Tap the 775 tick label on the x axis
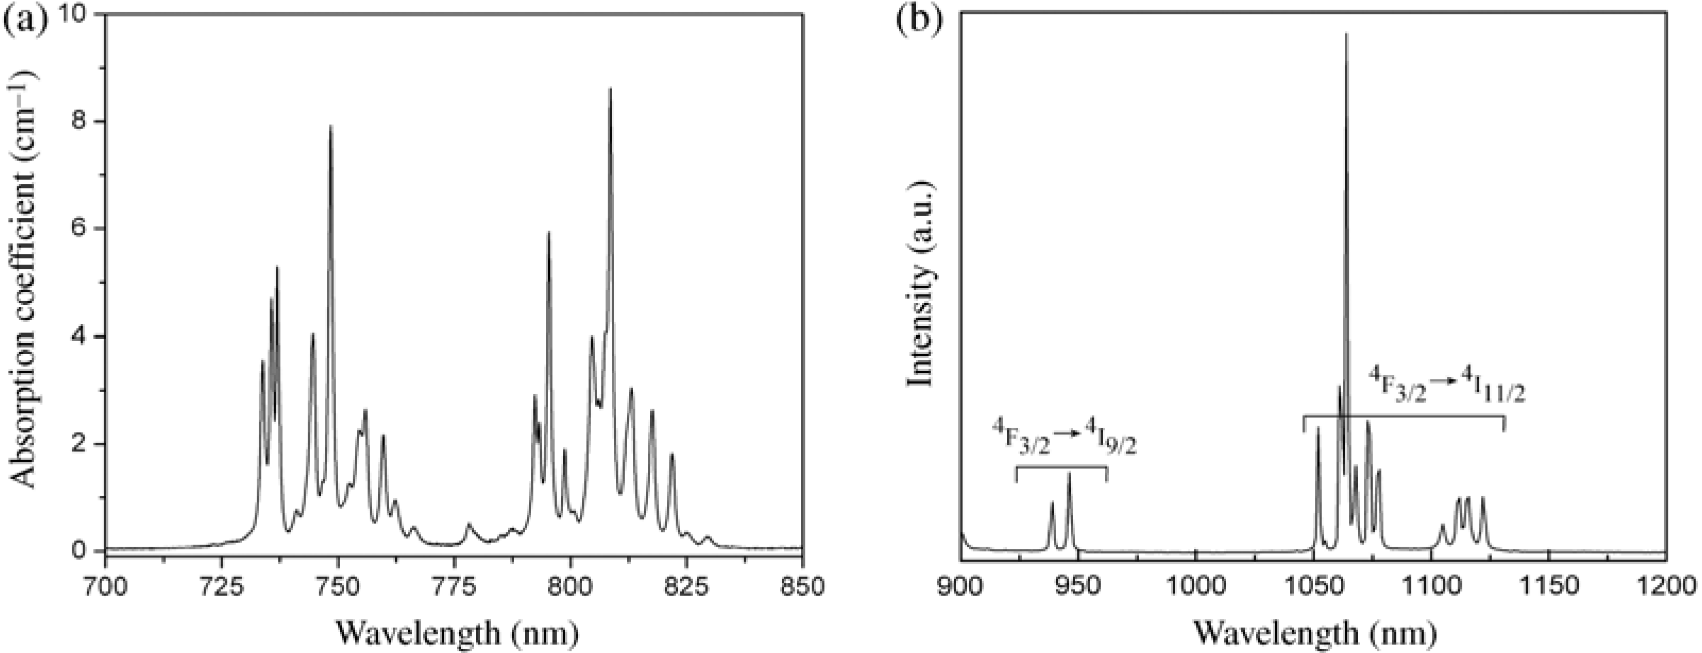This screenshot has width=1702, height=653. pos(454,586)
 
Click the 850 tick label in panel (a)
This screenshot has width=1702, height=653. pos(802,586)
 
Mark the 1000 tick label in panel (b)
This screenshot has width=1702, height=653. pos(1196,586)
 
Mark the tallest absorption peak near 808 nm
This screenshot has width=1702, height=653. pos(610,89)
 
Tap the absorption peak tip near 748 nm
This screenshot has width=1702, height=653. pos(331,125)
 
